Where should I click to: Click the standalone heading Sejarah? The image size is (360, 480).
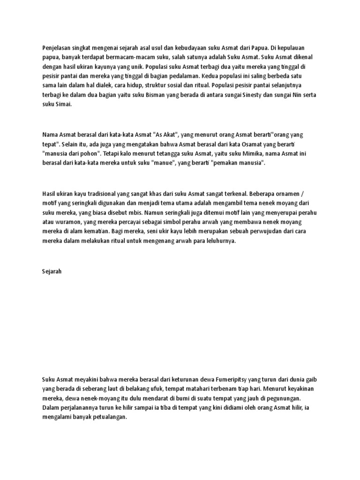[52, 271]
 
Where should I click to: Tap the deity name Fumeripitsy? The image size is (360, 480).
[219, 379]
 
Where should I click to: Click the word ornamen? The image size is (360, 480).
[295, 193]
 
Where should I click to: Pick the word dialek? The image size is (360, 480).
[111, 86]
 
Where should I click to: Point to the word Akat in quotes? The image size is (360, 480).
[165, 134]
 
